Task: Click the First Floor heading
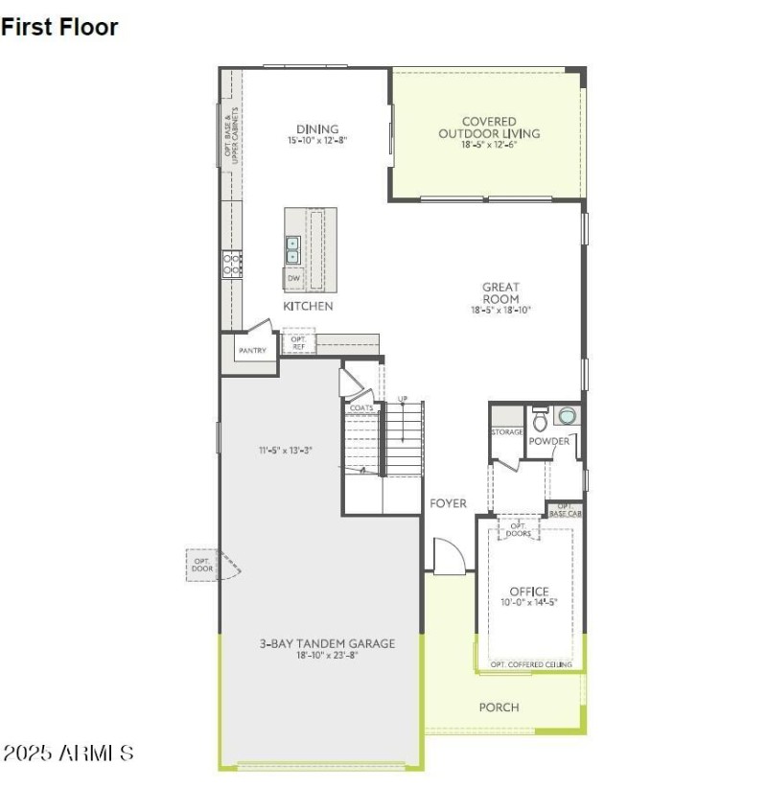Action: click(59, 27)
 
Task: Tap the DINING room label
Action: click(316, 129)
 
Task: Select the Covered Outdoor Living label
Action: click(489, 128)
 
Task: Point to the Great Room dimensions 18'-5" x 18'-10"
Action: click(500, 310)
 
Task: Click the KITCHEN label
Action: click(308, 306)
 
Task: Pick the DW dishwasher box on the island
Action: click(293, 278)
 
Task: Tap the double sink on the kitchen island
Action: click(293, 249)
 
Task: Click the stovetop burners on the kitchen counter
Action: click(231, 264)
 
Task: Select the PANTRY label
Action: click(252, 351)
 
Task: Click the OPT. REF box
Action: click(298, 342)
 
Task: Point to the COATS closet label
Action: click(361, 407)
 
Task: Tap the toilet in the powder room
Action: click(540, 419)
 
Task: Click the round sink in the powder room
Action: click(568, 416)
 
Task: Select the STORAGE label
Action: click(507, 432)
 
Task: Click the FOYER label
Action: click(448, 503)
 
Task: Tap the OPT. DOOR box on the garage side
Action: click(202, 566)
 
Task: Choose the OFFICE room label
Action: click(528, 592)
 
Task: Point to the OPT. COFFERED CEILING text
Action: click(531, 664)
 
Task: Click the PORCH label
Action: click(499, 708)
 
